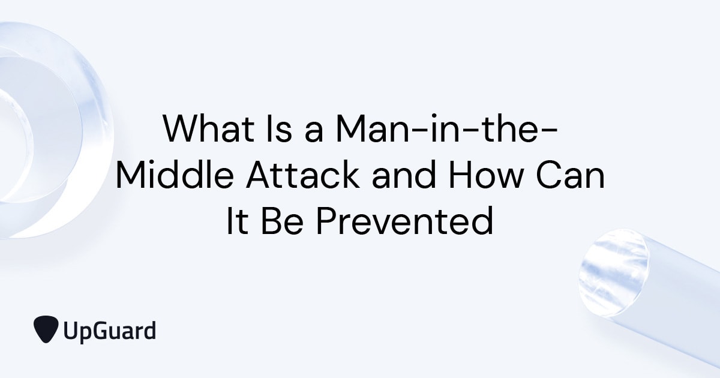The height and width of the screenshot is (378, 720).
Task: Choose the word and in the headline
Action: pos(408,175)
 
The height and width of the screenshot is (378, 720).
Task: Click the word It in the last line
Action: pos(237,221)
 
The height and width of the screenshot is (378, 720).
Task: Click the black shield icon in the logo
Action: pos(46,329)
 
